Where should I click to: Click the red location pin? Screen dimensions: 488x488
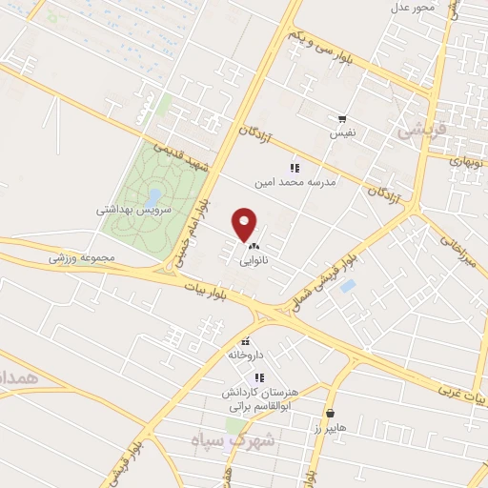click(x=245, y=223)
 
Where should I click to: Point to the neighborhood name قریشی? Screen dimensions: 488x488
click(x=419, y=132)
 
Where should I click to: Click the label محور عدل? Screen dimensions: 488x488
click(x=412, y=9)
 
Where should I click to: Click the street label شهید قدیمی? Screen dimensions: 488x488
click(x=180, y=157)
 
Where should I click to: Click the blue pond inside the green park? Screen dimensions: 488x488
click(x=152, y=197)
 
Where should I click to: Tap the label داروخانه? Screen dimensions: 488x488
click(x=245, y=354)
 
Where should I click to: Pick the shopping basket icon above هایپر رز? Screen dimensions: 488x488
click(x=330, y=414)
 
